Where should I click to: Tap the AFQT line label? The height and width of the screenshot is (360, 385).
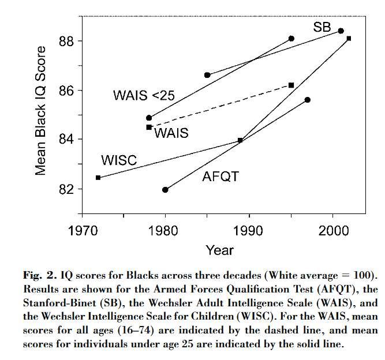click(x=220, y=177)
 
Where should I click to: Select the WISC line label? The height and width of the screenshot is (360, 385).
click(x=118, y=160)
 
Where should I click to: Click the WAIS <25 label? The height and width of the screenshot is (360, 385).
click(x=143, y=96)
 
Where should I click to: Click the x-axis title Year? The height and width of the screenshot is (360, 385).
click(x=220, y=250)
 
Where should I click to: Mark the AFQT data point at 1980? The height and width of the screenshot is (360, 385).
click(x=166, y=189)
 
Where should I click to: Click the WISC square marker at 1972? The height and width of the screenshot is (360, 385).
click(x=99, y=178)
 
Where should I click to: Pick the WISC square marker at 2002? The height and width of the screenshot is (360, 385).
click(x=349, y=39)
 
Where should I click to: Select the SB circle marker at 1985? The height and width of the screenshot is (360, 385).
click(x=207, y=75)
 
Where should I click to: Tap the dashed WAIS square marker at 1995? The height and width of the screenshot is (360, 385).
click(x=291, y=85)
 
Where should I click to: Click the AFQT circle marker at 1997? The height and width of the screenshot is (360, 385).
click(x=308, y=100)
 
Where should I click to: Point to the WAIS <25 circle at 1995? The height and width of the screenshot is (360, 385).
click(x=291, y=39)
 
